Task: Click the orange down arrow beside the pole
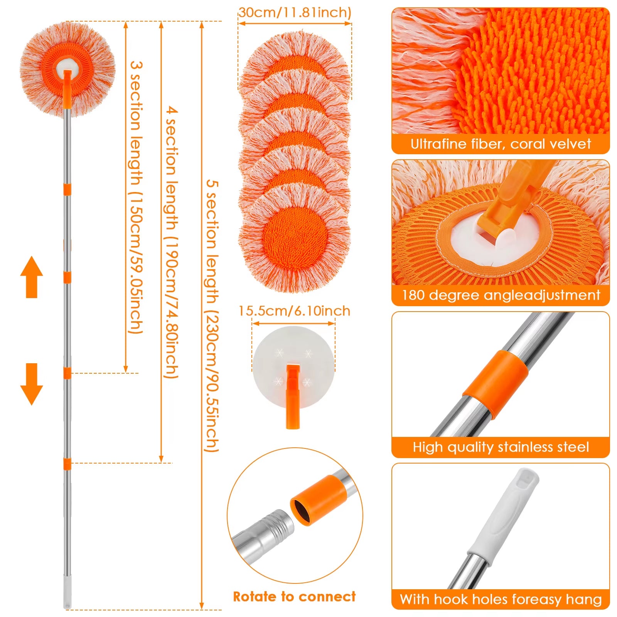pos(32,384)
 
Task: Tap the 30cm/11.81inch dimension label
pos(295,13)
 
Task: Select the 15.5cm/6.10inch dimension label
pos(294,311)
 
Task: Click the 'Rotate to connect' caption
pos(294,597)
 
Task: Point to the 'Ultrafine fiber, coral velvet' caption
pos(500,144)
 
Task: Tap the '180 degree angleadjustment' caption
pos(501,295)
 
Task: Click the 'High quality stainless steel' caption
pos(501,447)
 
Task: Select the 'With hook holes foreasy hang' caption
pos(501,599)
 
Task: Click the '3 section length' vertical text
pos(136,197)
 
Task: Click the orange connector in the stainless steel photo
pos(496,384)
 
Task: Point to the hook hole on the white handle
pos(525,479)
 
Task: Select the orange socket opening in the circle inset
pos(301,511)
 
